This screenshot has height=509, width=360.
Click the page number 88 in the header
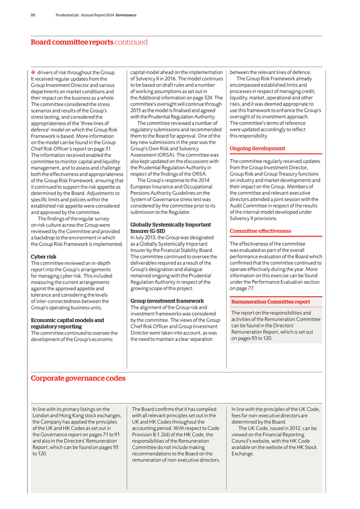tap(33, 15)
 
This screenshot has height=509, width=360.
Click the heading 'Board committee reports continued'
tap(89, 42)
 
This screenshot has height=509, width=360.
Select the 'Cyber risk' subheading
tap(43, 256)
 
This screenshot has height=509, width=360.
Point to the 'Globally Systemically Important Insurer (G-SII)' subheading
tap(170, 228)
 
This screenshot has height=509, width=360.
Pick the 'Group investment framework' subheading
tap(167, 300)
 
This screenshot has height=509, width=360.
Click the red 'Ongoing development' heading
tap(257, 148)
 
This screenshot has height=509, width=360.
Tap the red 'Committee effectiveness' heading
tap(260, 231)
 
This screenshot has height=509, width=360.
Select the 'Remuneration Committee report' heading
tap(270, 302)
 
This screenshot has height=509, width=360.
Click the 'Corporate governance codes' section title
tap(78, 378)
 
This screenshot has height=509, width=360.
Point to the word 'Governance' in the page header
tap(126, 15)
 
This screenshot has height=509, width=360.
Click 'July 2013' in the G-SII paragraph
tap(146, 237)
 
